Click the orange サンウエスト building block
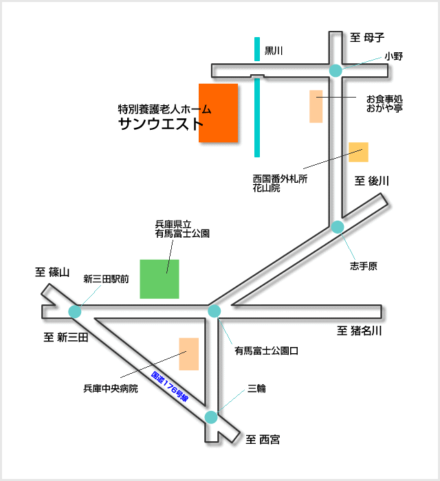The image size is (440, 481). [x=219, y=113]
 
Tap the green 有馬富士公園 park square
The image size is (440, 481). [x=159, y=279]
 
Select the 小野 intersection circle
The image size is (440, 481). [x=336, y=70]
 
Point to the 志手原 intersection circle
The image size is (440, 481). [x=338, y=227]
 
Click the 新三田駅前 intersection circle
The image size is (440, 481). [x=75, y=311]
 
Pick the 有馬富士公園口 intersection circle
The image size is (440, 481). [x=214, y=311]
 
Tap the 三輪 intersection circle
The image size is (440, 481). [x=211, y=417]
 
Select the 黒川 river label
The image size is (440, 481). [x=274, y=51]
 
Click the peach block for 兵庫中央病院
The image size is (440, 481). [x=188, y=354]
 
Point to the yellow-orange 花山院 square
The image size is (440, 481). [x=358, y=152]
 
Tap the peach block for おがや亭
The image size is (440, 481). [x=316, y=107]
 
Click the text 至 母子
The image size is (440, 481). [x=367, y=37]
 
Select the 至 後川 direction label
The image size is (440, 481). [x=372, y=181]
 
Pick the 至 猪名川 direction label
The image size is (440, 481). [x=359, y=331]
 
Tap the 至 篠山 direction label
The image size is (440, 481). [x=53, y=273]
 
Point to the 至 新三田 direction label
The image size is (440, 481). [x=66, y=337]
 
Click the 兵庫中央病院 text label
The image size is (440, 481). [x=111, y=389]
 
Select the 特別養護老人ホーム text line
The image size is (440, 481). [x=164, y=109]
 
